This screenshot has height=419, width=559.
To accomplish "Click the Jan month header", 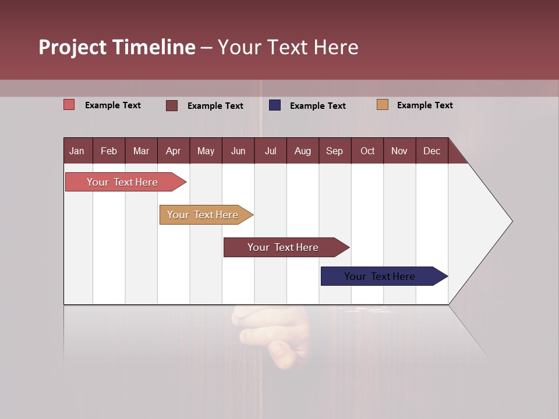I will click(77, 151).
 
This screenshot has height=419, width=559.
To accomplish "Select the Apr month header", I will click(174, 151).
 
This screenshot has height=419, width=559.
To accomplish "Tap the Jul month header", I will click(270, 151).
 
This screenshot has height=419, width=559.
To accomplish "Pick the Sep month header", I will click(335, 151).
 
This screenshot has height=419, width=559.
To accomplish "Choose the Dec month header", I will click(431, 151).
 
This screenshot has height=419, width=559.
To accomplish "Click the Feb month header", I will click(109, 151).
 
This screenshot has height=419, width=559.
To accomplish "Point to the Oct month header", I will click(367, 151).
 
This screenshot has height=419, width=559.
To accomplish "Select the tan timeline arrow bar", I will click(204, 215).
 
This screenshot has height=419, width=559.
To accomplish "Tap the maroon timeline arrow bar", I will click(284, 247).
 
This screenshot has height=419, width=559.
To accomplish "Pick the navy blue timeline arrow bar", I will click(381, 276).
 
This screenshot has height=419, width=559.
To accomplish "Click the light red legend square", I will click(69, 105).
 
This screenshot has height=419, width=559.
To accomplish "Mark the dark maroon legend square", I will click(172, 105).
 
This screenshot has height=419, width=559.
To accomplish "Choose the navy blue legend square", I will click(275, 105).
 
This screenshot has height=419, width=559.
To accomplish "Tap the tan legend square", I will click(383, 105).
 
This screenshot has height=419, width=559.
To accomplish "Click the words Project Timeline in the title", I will click(116, 47).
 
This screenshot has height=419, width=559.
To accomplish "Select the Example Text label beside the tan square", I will click(424, 105).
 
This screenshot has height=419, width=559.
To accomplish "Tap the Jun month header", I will click(238, 151).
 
